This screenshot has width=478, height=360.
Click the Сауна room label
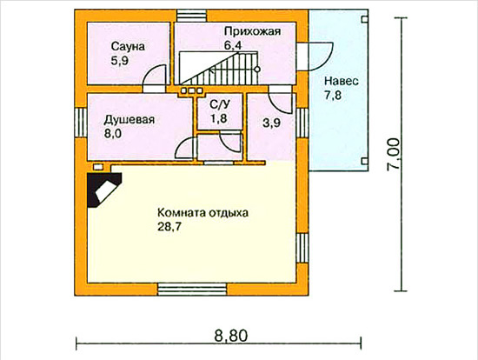[x=128, y=47]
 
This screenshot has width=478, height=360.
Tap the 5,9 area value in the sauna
[x=120, y=61]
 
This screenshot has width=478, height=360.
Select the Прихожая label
[x=252, y=31]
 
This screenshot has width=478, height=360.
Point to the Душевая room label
[x=129, y=120]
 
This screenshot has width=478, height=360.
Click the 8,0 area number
[x=112, y=134]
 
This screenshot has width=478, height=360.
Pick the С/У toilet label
[x=220, y=104]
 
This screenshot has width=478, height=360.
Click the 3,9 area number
[x=271, y=123]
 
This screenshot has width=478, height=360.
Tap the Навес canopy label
[x=342, y=82]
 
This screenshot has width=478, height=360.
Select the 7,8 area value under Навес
[x=333, y=95]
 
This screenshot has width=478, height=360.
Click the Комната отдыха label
[x=202, y=213]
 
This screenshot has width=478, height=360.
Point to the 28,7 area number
[x=169, y=227]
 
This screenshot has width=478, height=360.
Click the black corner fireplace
[x=104, y=190]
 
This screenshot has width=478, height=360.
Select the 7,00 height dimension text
[x=393, y=154]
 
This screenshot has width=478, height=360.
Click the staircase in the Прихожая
[x=219, y=68]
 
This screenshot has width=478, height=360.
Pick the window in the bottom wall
[x=192, y=290]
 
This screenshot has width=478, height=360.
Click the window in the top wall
[x=192, y=16]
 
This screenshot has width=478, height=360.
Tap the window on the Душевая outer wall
[x=81, y=123]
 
